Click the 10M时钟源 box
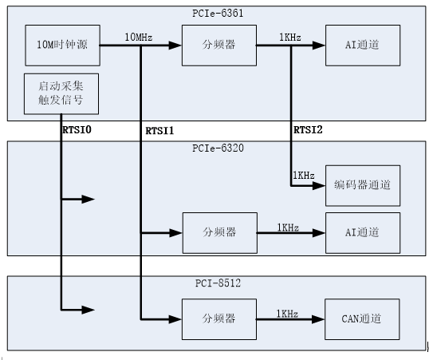(62, 45)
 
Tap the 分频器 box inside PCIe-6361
(218, 45)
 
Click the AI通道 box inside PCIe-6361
(363, 45)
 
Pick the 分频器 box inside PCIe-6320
(219, 232)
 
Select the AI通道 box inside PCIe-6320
(363, 232)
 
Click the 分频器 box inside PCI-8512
(219, 318)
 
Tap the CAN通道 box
(363, 318)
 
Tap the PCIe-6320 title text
(214, 148)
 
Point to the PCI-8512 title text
(214, 282)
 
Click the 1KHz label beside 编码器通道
(303, 176)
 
